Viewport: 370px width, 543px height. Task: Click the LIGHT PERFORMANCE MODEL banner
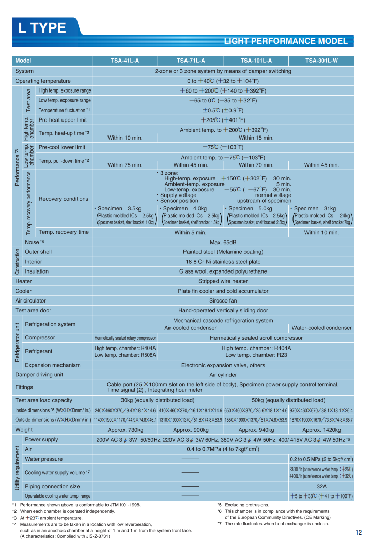pos(286,41)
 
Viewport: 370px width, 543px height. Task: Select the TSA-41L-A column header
pos(125,61)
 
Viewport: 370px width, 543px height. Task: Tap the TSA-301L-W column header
pos(321,61)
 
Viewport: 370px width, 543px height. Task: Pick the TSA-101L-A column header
pos(256,61)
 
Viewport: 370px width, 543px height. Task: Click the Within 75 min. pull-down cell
pos(125,165)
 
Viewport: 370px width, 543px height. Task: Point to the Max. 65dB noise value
pos(223,242)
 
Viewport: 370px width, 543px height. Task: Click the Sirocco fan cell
pos(223,300)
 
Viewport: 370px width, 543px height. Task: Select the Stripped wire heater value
pos(223,281)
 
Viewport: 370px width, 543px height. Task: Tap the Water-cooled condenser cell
pos(321,328)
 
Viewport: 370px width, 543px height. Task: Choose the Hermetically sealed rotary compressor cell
pos(125,338)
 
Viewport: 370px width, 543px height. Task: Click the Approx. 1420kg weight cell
pos(321,430)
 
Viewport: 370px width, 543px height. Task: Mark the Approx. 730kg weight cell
pos(125,430)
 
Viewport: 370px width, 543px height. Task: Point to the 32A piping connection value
pos(321,486)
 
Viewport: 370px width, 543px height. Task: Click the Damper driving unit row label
pos(39,374)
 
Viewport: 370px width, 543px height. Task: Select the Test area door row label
pos(33,310)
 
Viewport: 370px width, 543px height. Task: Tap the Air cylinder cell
pos(223,374)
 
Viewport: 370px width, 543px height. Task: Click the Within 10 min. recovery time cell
pos(321,232)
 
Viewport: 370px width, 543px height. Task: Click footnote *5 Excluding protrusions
pos(243,505)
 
